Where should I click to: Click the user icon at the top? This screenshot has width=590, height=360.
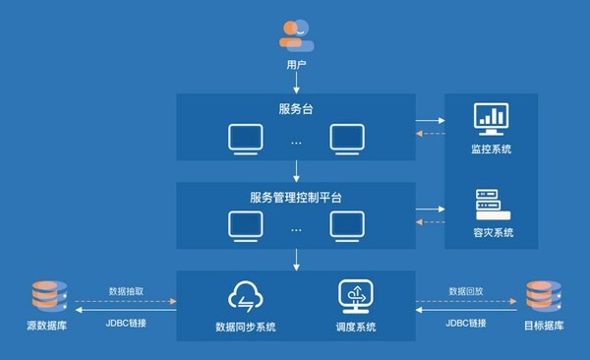[x=296, y=35]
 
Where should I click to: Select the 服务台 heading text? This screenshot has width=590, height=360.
[x=296, y=106]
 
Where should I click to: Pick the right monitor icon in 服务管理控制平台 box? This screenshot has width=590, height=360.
[x=347, y=227]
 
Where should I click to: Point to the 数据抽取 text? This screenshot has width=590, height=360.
[x=127, y=291]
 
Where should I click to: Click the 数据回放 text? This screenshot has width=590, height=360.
[x=464, y=291]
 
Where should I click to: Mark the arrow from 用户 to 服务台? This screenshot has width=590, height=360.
[x=296, y=86]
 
